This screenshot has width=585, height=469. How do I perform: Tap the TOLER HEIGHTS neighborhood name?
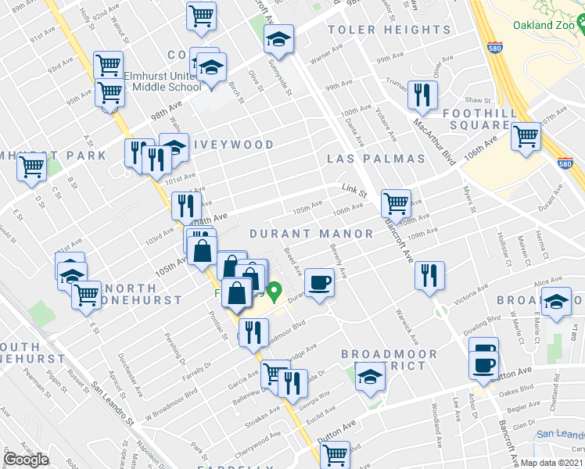tap(389, 30)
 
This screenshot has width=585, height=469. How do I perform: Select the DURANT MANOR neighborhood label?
tap(311, 234)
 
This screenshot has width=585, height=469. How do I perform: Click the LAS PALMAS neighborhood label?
tap(376, 159)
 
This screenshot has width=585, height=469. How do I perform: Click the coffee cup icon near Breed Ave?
tap(319, 281)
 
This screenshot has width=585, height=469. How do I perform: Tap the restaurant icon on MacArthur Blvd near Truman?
tap(423, 95)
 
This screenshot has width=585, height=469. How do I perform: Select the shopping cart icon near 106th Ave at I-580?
tap(526, 136)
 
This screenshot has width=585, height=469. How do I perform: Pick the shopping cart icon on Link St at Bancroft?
tap(397, 203)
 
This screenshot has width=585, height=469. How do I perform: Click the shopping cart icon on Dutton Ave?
tap(336, 454)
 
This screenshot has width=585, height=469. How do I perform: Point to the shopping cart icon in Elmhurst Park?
tap(32, 166)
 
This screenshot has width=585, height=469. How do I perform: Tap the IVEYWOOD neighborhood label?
tap(234, 145)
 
